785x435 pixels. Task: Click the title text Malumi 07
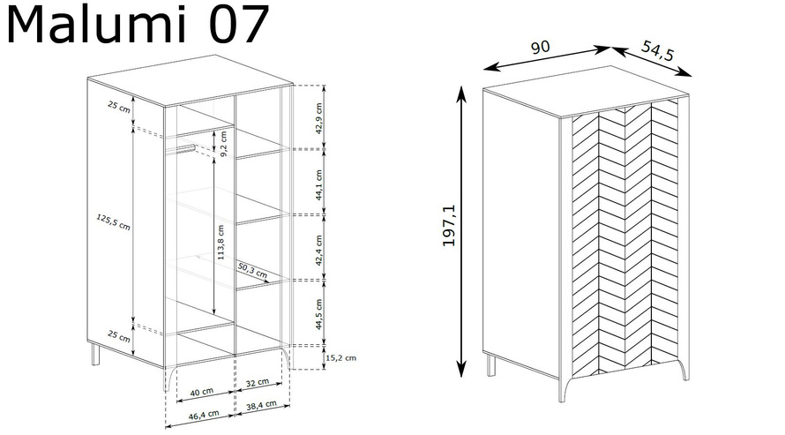click(138, 25)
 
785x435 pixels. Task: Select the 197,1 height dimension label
click(449, 225)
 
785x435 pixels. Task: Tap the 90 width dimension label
click(540, 47)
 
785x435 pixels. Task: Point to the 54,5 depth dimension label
click(658, 50)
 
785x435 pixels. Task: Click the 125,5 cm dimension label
click(113, 221)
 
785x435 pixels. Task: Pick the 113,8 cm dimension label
click(221, 242)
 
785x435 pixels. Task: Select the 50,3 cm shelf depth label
click(252, 270)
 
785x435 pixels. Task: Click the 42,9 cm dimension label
click(319, 118)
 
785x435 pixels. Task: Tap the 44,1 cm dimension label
click(319, 185)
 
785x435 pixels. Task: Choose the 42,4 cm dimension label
click(319, 250)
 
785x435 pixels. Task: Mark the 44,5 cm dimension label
click(319, 314)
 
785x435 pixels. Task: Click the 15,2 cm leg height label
click(341, 358)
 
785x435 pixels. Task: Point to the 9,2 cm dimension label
click(223, 144)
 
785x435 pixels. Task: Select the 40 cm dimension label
click(202, 392)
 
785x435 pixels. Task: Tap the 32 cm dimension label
click(258, 383)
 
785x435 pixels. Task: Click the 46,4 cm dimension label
click(204, 415)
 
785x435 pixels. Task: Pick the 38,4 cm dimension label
click(261, 405)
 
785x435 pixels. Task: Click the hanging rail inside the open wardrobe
click(180, 148)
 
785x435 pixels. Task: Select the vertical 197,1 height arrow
click(461, 231)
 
